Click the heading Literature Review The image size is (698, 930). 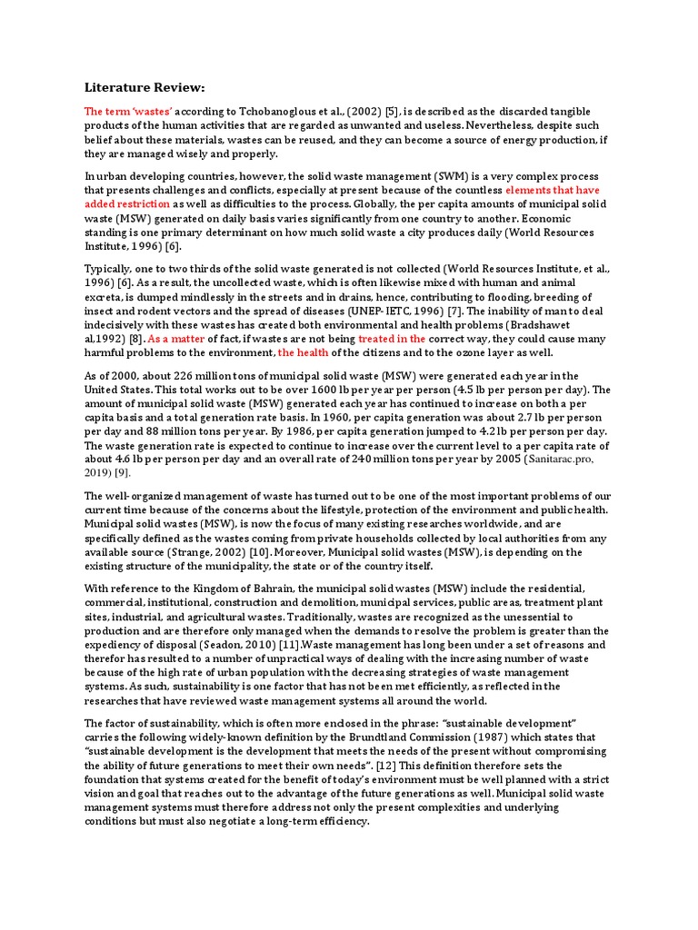pos(145,87)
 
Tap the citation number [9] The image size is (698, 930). pos(121,472)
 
